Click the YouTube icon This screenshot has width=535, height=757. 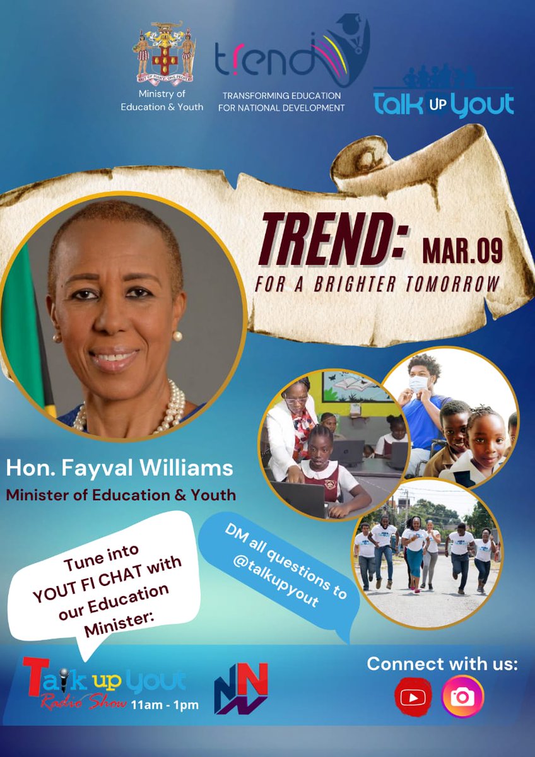tap(413, 697)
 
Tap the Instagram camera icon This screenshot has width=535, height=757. tap(462, 697)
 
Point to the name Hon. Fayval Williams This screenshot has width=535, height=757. tap(119, 469)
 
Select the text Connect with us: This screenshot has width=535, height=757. tap(442, 664)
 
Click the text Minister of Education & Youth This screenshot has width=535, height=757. tap(121, 495)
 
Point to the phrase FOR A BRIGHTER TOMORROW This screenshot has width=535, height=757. tap(377, 284)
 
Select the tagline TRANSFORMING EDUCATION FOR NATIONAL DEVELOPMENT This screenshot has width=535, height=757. tap(281, 102)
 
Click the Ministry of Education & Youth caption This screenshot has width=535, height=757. tap(162, 101)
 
